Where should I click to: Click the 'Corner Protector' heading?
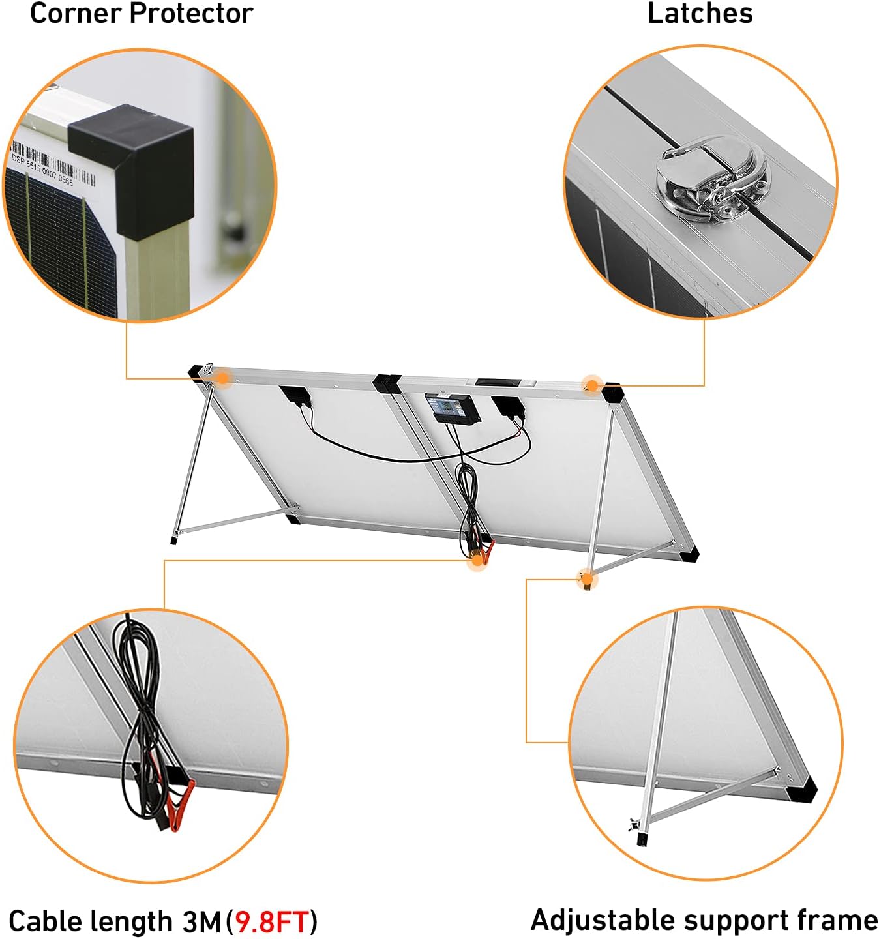tap(142, 14)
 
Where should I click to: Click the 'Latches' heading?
tap(700, 14)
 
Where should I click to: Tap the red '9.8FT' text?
tap(271, 921)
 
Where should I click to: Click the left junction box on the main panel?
tap(294, 396)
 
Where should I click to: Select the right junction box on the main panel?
tap(508, 406)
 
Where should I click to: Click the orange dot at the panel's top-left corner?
tap(222, 378)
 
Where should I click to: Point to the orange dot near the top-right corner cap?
tap(591, 385)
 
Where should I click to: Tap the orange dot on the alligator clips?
tap(477, 559)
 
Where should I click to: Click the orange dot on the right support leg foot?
tap(587, 578)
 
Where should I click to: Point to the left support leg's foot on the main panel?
tap(173, 539)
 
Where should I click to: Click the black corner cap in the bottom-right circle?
tap(801, 792)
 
